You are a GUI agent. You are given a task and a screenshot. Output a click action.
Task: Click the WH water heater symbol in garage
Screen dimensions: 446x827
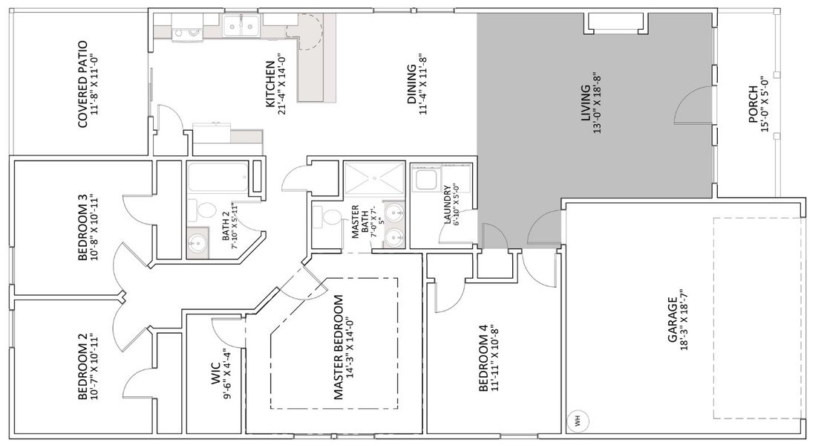[x=575, y=419]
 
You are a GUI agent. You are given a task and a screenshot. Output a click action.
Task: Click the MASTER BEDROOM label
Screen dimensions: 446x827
[x=339, y=348]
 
